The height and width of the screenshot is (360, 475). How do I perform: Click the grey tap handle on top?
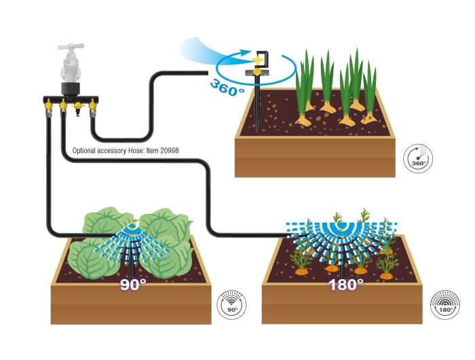click(71, 47)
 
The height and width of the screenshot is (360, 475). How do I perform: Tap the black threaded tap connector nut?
click(71, 88)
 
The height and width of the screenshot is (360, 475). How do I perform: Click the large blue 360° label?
click(227, 88)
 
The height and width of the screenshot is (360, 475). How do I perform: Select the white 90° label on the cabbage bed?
click(133, 285)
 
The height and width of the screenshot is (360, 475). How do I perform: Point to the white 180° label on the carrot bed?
click(345, 285)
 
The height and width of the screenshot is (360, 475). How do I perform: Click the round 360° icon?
click(418, 158)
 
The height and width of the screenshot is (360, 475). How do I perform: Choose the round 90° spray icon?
click(232, 304)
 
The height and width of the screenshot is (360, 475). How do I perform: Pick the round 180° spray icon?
click(445, 304)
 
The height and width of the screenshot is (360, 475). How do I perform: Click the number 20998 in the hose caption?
click(170, 150)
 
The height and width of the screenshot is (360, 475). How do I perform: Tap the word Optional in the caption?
click(84, 151)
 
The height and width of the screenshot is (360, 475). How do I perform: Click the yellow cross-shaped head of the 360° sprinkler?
click(257, 60)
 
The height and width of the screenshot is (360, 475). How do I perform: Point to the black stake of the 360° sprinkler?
click(257, 103)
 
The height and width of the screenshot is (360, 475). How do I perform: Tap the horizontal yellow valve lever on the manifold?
click(78, 106)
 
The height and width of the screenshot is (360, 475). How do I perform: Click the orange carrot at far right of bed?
click(386, 276)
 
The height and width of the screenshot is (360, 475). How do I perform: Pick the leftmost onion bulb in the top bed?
click(303, 121)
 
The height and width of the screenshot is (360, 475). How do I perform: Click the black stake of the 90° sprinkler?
click(132, 266)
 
